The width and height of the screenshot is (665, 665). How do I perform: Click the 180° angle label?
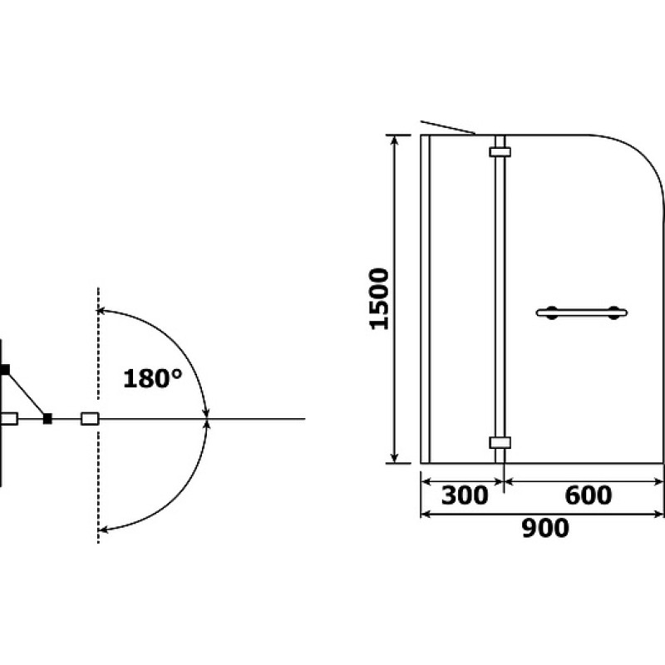click(153, 378)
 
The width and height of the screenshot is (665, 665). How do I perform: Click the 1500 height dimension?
click(379, 299)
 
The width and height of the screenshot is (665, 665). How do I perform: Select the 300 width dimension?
click(465, 495)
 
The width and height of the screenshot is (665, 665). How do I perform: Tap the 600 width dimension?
click(589, 495)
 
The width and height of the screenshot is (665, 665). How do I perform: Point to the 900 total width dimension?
click(545, 529)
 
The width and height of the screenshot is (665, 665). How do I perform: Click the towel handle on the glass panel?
click(582, 313)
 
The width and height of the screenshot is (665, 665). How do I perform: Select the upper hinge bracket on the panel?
click(500, 152)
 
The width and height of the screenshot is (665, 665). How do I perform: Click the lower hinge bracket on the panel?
click(500, 442)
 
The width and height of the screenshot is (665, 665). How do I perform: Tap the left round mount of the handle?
click(552, 313)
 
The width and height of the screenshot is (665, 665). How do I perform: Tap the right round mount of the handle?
click(614, 313)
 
